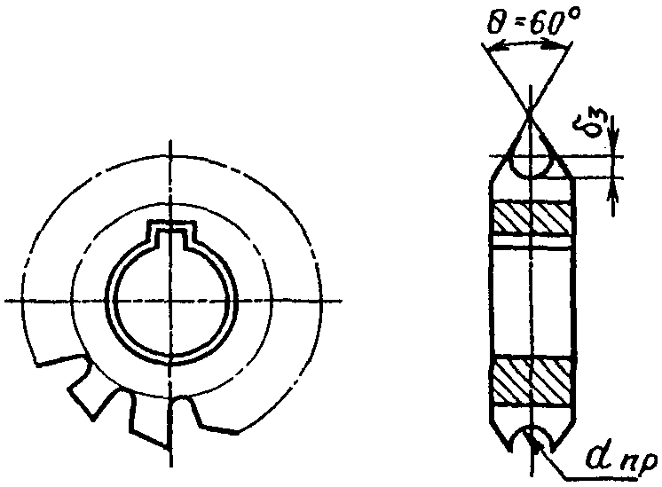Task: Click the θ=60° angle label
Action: pyautogui.click(x=533, y=22)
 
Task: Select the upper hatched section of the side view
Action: pyautogui.click(x=532, y=217)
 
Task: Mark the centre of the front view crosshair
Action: pyautogui.click(x=170, y=301)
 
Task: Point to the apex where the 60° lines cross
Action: pyautogui.click(x=529, y=112)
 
